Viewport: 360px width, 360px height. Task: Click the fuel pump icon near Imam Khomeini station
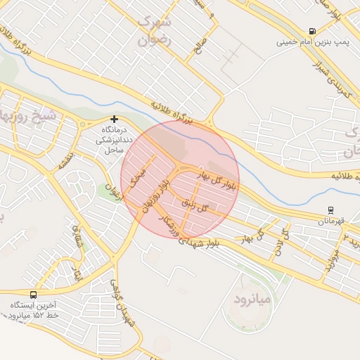pos(311,31)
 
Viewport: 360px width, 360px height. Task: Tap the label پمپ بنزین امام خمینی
pos(312,43)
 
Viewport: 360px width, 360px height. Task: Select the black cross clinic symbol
pos(114,120)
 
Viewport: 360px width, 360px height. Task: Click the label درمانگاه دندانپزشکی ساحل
pos(110,141)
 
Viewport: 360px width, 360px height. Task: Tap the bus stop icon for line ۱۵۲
pos(34,295)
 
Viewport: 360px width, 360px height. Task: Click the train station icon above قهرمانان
pos(331,210)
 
